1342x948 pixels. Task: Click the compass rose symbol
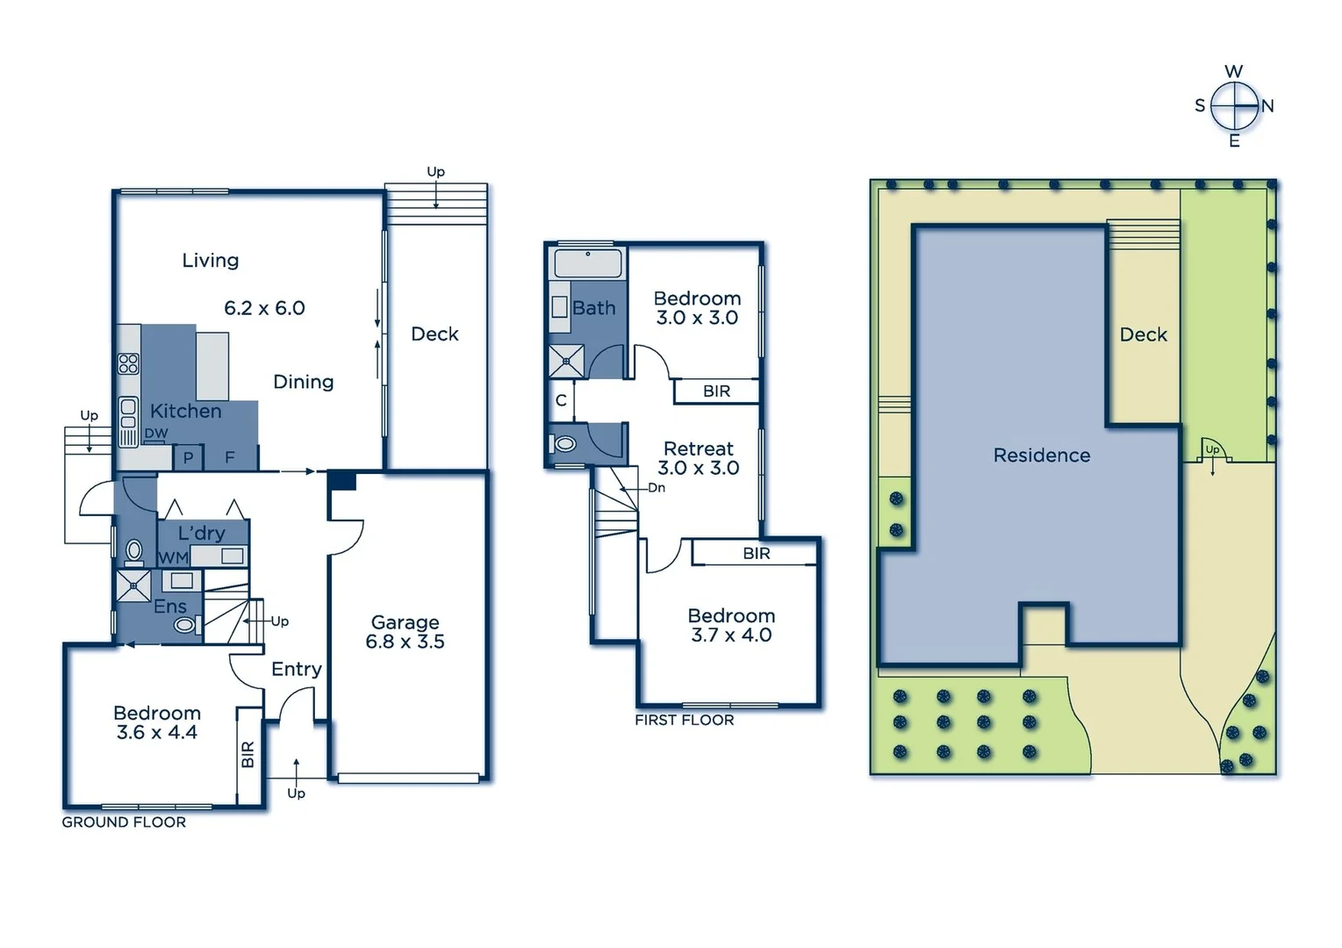click(1234, 106)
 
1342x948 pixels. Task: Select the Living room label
click(211, 261)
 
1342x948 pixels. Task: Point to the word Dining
click(304, 382)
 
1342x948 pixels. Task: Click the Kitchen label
click(185, 411)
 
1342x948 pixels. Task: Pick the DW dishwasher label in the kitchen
click(156, 434)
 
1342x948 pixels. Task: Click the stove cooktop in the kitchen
click(129, 363)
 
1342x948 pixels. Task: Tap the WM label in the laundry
click(173, 557)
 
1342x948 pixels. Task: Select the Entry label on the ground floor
click(297, 669)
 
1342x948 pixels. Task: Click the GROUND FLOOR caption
click(124, 822)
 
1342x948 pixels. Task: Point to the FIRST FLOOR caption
click(685, 720)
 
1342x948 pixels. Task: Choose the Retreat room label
click(699, 449)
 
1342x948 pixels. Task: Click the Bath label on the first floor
click(594, 308)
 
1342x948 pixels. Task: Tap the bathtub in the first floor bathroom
click(587, 263)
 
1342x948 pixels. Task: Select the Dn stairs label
click(657, 488)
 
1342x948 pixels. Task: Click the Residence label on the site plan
click(1042, 456)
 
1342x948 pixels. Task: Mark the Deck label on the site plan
click(1144, 334)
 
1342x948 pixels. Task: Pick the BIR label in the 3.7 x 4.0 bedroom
click(757, 554)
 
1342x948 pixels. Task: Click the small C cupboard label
click(561, 401)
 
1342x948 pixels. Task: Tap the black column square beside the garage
click(342, 480)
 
